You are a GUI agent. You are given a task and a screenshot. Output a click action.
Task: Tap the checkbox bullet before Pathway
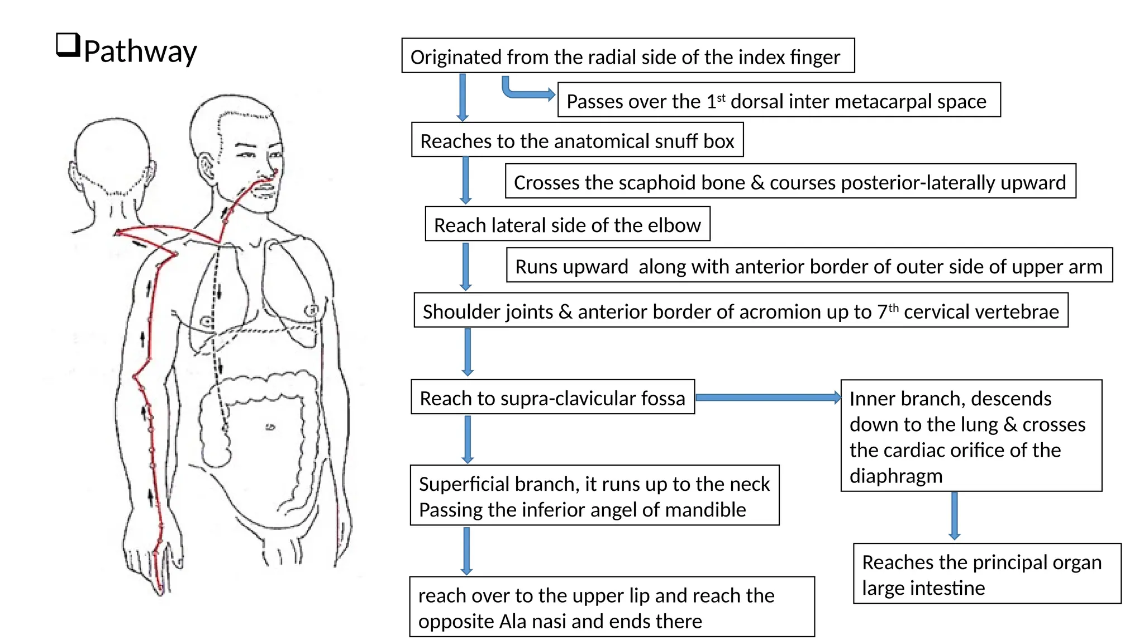(x=68, y=45)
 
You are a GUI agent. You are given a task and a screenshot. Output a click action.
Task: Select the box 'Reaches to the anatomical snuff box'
(x=577, y=140)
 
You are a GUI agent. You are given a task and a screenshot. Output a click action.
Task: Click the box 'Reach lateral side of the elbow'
(x=567, y=224)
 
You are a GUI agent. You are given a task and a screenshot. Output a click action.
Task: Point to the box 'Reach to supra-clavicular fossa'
(x=552, y=397)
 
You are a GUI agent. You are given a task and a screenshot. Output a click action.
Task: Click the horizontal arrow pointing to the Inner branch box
(x=768, y=397)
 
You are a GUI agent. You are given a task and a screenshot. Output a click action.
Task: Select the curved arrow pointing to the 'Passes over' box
(x=525, y=92)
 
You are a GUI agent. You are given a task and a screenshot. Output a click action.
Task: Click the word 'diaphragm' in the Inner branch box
(x=895, y=476)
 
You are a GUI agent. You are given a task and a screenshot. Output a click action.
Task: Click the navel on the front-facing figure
(x=270, y=427)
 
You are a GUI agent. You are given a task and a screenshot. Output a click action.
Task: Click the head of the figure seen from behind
(x=112, y=157)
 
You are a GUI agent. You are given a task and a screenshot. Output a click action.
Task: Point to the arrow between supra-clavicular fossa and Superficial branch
(x=468, y=439)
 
